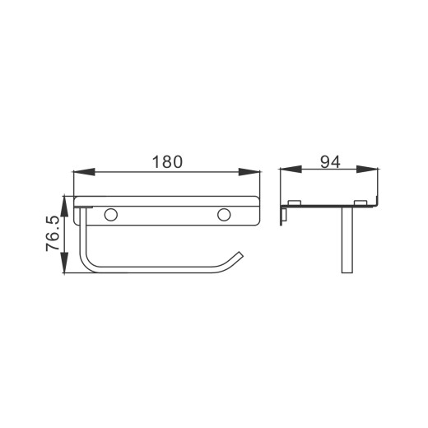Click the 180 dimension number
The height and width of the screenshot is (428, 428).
[x=167, y=162]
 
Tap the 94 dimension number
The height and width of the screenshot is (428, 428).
[x=330, y=162]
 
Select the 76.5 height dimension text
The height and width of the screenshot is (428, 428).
[x=53, y=234]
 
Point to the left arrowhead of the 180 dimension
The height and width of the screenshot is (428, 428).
[x=84, y=172]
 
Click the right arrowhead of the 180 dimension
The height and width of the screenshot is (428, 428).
[x=249, y=172]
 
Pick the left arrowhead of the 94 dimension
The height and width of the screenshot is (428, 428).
[x=291, y=170]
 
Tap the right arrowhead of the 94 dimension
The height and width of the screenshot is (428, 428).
[x=367, y=170]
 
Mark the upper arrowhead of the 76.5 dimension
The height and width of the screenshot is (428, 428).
[x=64, y=207]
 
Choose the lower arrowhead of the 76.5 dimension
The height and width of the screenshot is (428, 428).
[x=64, y=263]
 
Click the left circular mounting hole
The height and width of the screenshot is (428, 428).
[x=111, y=215]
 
